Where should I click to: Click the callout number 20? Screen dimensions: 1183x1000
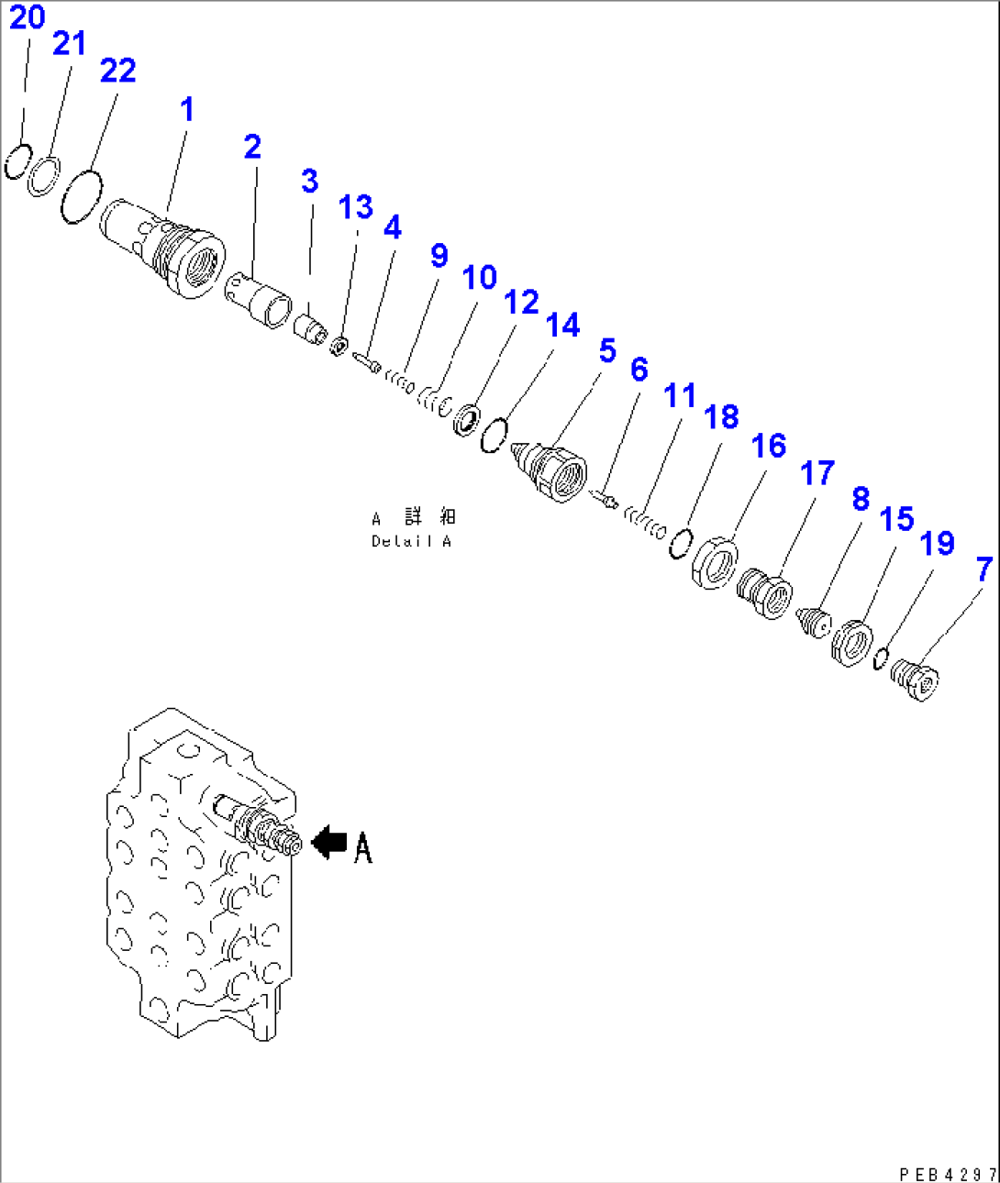click(27, 17)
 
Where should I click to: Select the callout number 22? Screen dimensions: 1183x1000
click(117, 71)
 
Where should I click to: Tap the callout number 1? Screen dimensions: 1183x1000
click(187, 109)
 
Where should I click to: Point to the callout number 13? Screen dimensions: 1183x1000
click(355, 207)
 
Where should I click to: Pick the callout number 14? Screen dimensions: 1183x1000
click(562, 325)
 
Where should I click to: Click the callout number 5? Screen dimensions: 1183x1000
click(606, 350)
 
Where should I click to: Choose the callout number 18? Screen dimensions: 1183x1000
click(721, 416)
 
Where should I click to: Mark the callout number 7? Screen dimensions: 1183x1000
click(983, 569)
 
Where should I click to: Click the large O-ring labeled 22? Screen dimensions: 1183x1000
click(79, 194)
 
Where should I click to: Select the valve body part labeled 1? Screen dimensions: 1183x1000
click(165, 249)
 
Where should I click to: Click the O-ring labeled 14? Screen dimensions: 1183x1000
click(494, 435)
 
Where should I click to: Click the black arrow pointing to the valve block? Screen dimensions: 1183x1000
click(328, 842)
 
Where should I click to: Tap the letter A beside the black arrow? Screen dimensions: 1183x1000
click(363, 847)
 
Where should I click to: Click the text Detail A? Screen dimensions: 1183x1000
click(411, 541)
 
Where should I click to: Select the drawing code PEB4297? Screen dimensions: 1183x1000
click(948, 1174)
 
